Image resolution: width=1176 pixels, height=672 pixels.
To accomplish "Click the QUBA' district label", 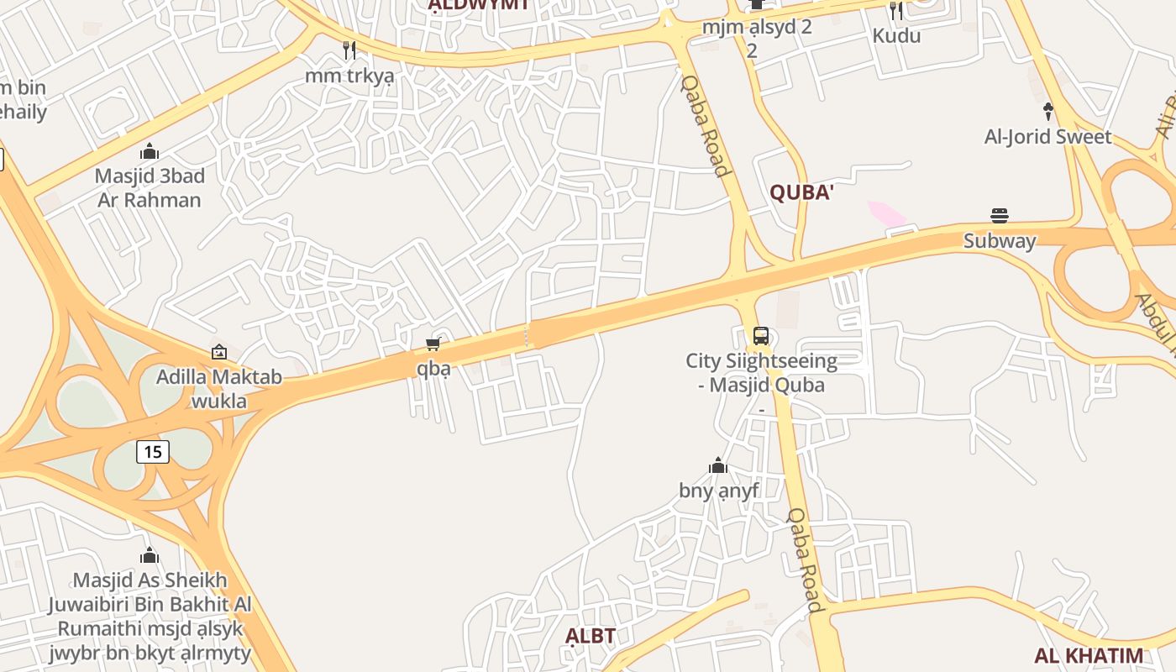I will tap(801, 192).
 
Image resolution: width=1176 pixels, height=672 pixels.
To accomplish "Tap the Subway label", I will tap(999, 241).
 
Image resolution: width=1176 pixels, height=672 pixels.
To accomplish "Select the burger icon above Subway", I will tap(1000, 216).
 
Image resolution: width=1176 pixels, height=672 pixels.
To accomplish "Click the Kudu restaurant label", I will tap(896, 35).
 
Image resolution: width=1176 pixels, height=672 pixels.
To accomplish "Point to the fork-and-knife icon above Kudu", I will tap(896, 11).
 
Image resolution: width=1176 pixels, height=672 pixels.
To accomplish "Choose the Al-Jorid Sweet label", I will tap(1047, 136).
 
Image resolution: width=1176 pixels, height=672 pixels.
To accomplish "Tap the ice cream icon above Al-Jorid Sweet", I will tap(1047, 111).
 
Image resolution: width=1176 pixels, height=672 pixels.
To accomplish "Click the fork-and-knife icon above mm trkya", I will tap(349, 50).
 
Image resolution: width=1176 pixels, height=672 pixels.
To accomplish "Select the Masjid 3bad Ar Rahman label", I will tap(150, 188).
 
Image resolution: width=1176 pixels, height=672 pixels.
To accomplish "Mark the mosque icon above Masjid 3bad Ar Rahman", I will tap(150, 151).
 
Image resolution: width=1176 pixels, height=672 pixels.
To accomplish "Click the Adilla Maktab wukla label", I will tap(219, 389).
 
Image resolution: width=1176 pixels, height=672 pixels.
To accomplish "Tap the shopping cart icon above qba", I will tap(433, 344).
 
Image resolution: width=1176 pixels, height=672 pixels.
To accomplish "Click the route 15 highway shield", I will tap(153, 452).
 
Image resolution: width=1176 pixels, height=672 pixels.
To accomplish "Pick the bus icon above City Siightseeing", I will tap(760, 336).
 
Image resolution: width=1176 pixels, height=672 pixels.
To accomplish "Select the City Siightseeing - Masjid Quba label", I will tap(761, 373).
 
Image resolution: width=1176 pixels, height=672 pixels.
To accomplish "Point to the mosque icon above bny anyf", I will tap(718, 466).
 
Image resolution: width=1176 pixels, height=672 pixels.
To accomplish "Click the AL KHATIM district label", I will tap(1088, 656).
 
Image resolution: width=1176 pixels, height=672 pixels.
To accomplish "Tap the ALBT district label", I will tap(591, 636).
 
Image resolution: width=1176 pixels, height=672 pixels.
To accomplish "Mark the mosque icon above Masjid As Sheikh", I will tap(150, 556).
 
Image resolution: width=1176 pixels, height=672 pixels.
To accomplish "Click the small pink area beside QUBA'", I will tap(886, 213).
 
